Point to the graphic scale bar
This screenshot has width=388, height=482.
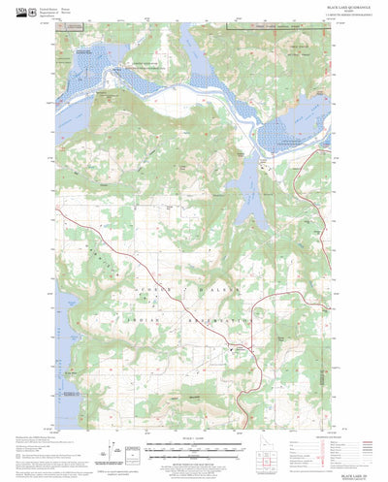(x=195, y=447)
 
